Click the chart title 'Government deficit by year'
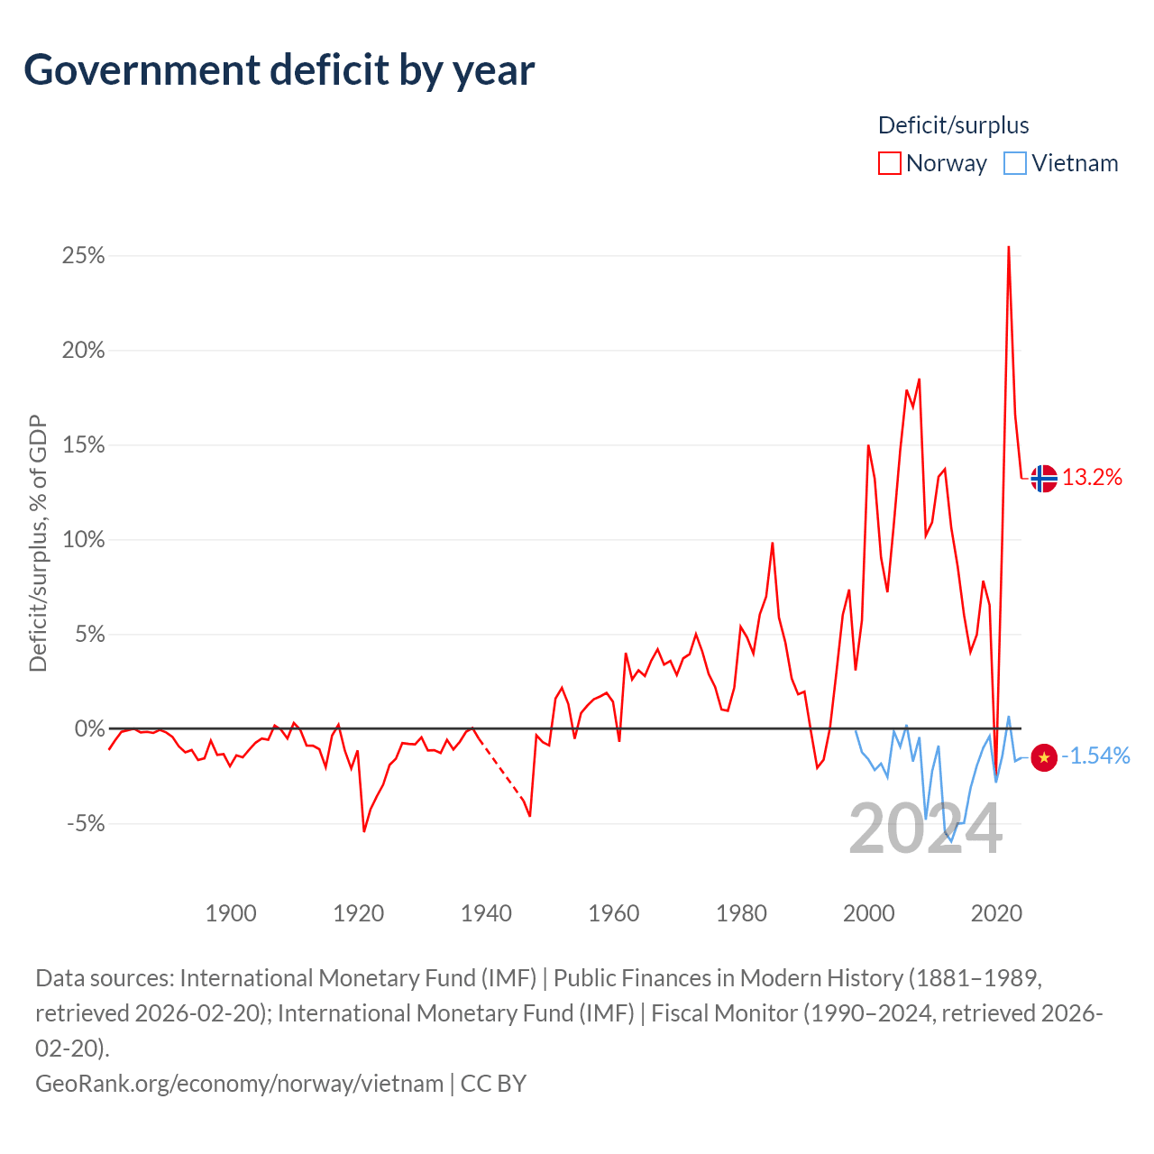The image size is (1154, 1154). click(279, 70)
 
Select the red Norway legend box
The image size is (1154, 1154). click(889, 163)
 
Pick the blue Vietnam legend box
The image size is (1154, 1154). click(1014, 163)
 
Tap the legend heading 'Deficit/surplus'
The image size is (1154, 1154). click(953, 125)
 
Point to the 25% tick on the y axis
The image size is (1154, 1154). click(83, 256)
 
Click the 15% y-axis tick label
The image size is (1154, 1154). click(83, 445)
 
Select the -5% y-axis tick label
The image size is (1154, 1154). click(86, 823)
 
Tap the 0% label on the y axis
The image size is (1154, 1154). click(90, 728)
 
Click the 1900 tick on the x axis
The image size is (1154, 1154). click(231, 913)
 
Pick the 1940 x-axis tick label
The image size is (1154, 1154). click(486, 913)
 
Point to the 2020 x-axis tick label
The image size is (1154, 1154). click(996, 913)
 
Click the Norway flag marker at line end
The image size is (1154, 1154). click(1044, 479)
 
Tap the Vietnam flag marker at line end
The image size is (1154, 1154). click(1044, 758)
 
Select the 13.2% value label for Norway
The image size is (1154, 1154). click(1092, 477)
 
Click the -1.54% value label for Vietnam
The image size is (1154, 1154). click(1095, 756)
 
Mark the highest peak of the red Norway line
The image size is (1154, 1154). click(1009, 247)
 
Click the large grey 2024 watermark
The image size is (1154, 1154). click(925, 829)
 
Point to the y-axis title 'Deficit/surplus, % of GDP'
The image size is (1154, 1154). click(39, 543)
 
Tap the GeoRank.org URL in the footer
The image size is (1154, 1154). click(240, 1084)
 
